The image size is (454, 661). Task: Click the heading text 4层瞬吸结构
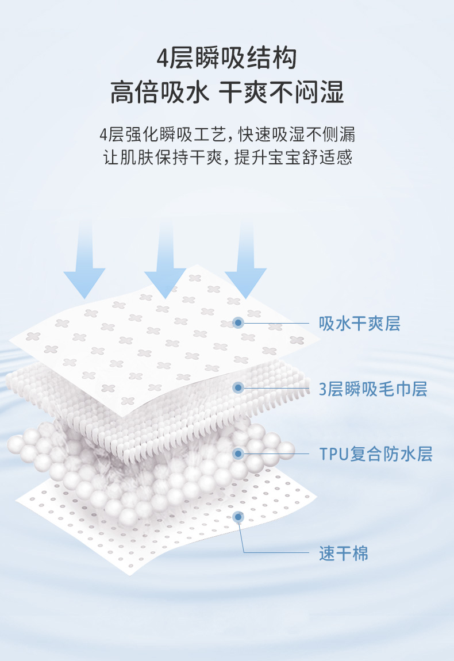click(227, 59)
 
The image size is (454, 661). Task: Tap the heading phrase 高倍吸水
click(159, 92)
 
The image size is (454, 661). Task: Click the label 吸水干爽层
click(360, 324)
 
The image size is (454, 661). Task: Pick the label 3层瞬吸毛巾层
click(373, 389)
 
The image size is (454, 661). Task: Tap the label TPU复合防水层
click(376, 455)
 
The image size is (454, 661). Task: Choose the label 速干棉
click(344, 554)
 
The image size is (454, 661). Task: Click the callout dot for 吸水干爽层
click(238, 323)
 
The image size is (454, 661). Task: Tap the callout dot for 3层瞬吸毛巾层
click(238, 388)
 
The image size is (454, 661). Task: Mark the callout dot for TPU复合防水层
click(238, 454)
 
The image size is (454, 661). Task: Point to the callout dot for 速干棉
click(238, 516)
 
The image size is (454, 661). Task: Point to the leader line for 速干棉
click(276, 553)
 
